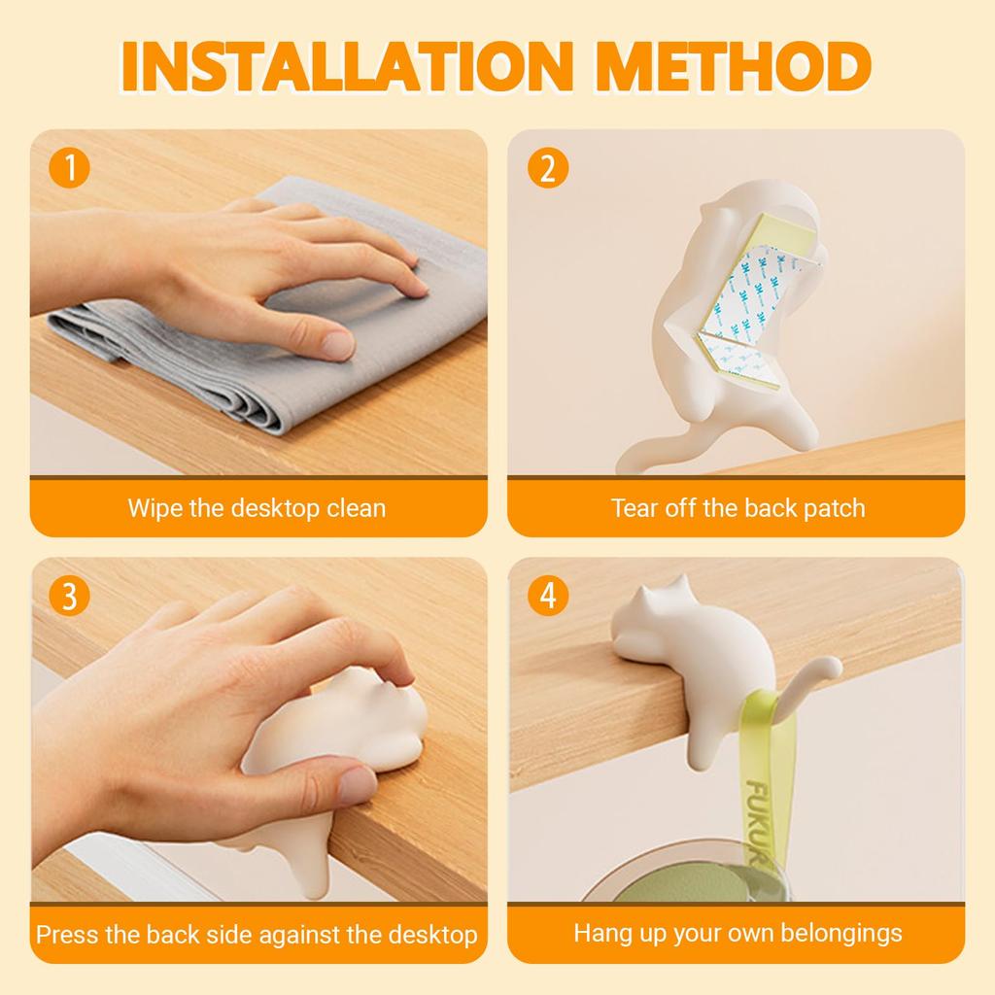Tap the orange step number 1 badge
coord(69,167)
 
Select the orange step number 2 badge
coord(548,167)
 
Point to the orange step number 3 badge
coord(69,596)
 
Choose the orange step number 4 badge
coord(548,596)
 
